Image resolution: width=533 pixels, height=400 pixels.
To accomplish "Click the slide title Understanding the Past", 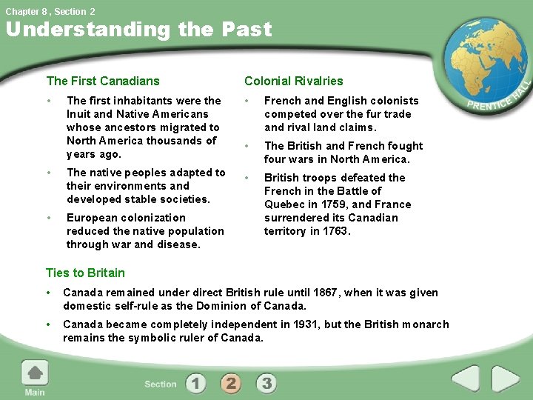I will tap(139, 30).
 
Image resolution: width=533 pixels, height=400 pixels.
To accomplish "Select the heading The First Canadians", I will tap(103, 81).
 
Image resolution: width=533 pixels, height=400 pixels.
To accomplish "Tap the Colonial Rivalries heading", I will tap(294, 81).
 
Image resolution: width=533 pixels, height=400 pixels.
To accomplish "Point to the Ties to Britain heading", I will tap(86, 273).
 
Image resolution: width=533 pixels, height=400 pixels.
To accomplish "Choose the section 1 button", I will tap(195, 383).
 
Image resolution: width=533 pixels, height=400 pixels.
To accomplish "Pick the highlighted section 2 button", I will tap(231, 383).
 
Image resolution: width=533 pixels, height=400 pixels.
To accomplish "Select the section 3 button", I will tap(266, 383).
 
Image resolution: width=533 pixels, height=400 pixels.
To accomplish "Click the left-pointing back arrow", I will tap(466, 379).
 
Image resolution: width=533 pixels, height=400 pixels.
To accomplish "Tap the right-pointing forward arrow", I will tap(506, 379).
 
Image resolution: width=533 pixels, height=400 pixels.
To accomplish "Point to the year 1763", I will tap(333, 231).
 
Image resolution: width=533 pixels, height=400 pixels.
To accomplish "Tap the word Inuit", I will tap(79, 114).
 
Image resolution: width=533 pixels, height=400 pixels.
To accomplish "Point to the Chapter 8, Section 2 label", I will tap(49, 10).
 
